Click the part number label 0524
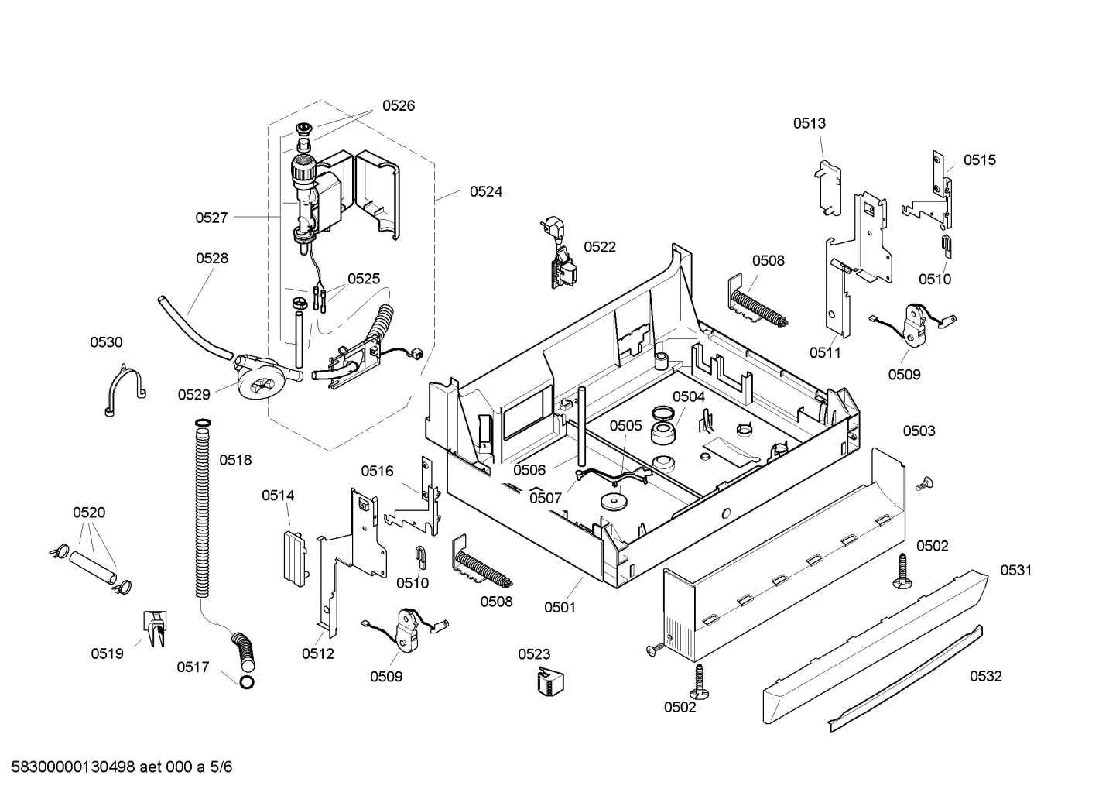tap(485, 191)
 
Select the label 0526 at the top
tap(398, 106)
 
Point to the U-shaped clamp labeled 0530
tap(124, 389)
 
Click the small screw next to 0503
tap(922, 484)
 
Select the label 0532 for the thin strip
tap(985, 676)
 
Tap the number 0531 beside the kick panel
tap(1015, 571)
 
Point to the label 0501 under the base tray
tap(560, 607)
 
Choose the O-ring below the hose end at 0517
tap(247, 682)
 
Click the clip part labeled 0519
tap(156, 628)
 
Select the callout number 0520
tap(89, 513)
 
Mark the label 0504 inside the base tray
tap(688, 396)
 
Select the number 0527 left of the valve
tap(211, 218)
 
